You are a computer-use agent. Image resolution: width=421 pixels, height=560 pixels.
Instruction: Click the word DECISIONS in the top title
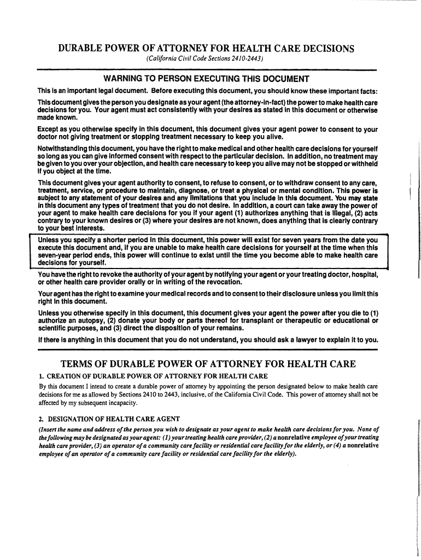coord(325,49)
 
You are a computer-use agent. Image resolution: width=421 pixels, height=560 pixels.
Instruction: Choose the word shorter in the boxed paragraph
coord(117,240)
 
